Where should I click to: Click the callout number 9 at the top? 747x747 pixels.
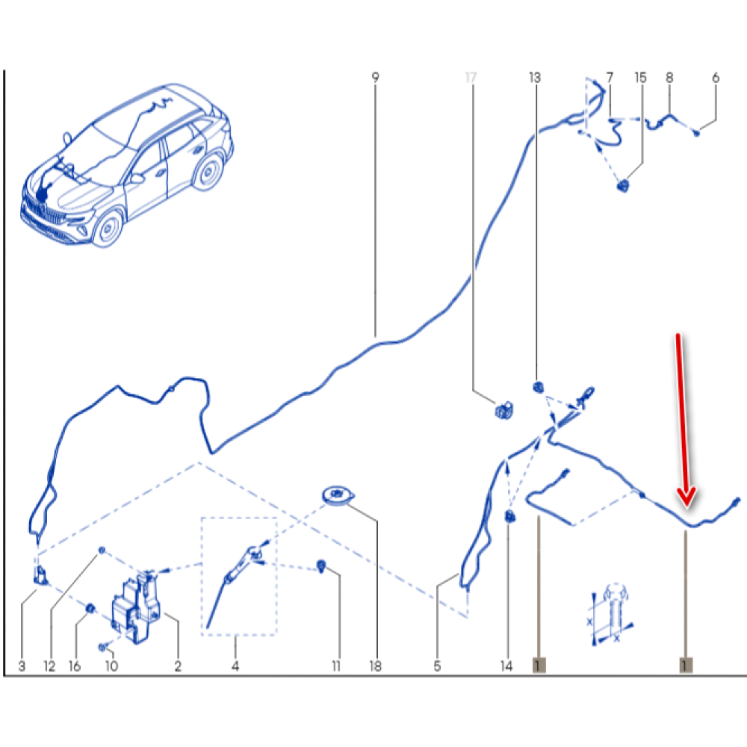(x=376, y=77)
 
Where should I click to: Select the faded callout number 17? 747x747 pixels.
(x=471, y=77)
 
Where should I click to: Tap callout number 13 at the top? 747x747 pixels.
(x=535, y=77)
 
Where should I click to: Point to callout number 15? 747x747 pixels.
(x=641, y=77)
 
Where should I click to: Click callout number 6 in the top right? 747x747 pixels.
(x=716, y=77)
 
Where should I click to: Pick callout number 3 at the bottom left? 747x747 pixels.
(x=22, y=666)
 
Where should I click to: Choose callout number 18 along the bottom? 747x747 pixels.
(x=376, y=666)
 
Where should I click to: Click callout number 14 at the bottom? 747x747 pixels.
(x=506, y=666)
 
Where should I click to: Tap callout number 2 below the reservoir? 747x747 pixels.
(x=178, y=666)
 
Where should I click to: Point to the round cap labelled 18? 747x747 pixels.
(x=338, y=495)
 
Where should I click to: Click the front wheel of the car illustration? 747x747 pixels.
(x=108, y=228)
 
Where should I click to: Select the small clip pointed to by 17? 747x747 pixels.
(x=504, y=410)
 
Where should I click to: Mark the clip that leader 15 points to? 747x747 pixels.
(x=623, y=185)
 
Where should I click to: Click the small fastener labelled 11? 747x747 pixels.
(x=321, y=566)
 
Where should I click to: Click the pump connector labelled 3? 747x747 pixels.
(x=41, y=575)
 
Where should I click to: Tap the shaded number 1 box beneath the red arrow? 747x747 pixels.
(x=686, y=665)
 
